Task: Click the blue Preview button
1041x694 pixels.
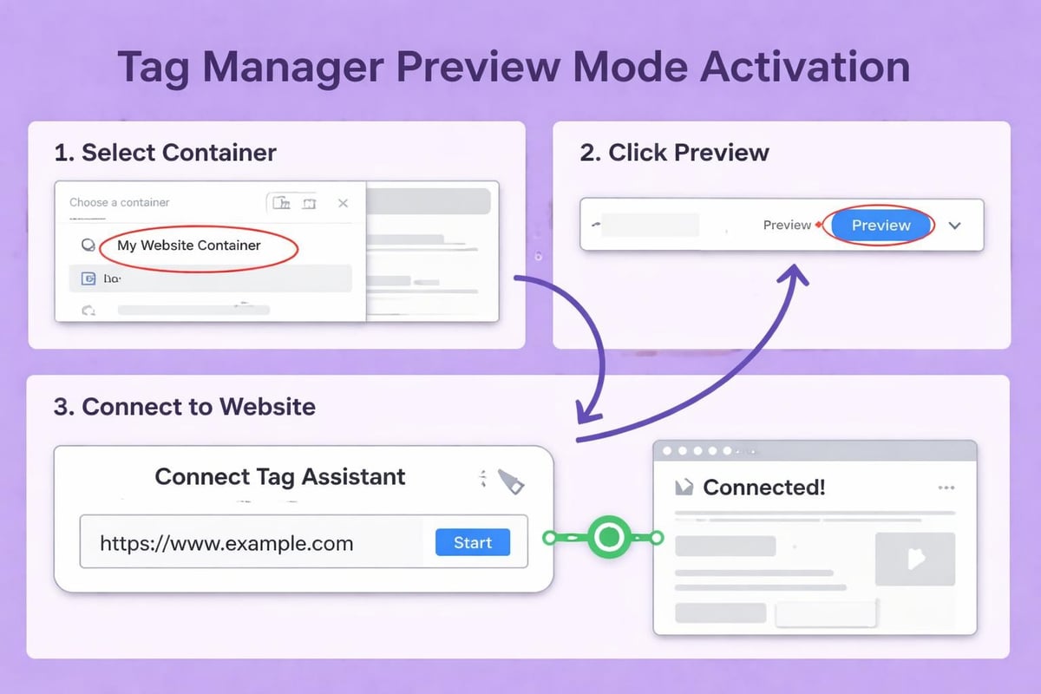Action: tap(881, 226)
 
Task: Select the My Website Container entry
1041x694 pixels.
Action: tap(189, 246)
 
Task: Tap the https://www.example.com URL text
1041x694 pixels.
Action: tap(226, 544)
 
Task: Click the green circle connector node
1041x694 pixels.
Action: tap(609, 538)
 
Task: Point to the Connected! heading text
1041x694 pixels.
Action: tap(763, 488)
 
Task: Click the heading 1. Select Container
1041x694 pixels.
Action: tap(165, 154)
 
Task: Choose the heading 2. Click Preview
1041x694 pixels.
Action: tap(674, 154)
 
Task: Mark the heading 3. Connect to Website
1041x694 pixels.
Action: tap(185, 407)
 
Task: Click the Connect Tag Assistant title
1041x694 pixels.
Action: tap(279, 476)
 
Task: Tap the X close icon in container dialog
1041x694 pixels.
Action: tap(343, 203)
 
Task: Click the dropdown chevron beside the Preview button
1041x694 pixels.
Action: tap(955, 226)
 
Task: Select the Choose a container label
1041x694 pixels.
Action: tap(120, 202)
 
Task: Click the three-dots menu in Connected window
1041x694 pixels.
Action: tap(946, 488)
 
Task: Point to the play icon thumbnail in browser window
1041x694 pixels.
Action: tap(915, 559)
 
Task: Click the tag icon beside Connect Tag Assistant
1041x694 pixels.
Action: tap(510, 482)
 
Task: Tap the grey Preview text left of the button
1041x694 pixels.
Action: tap(787, 226)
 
